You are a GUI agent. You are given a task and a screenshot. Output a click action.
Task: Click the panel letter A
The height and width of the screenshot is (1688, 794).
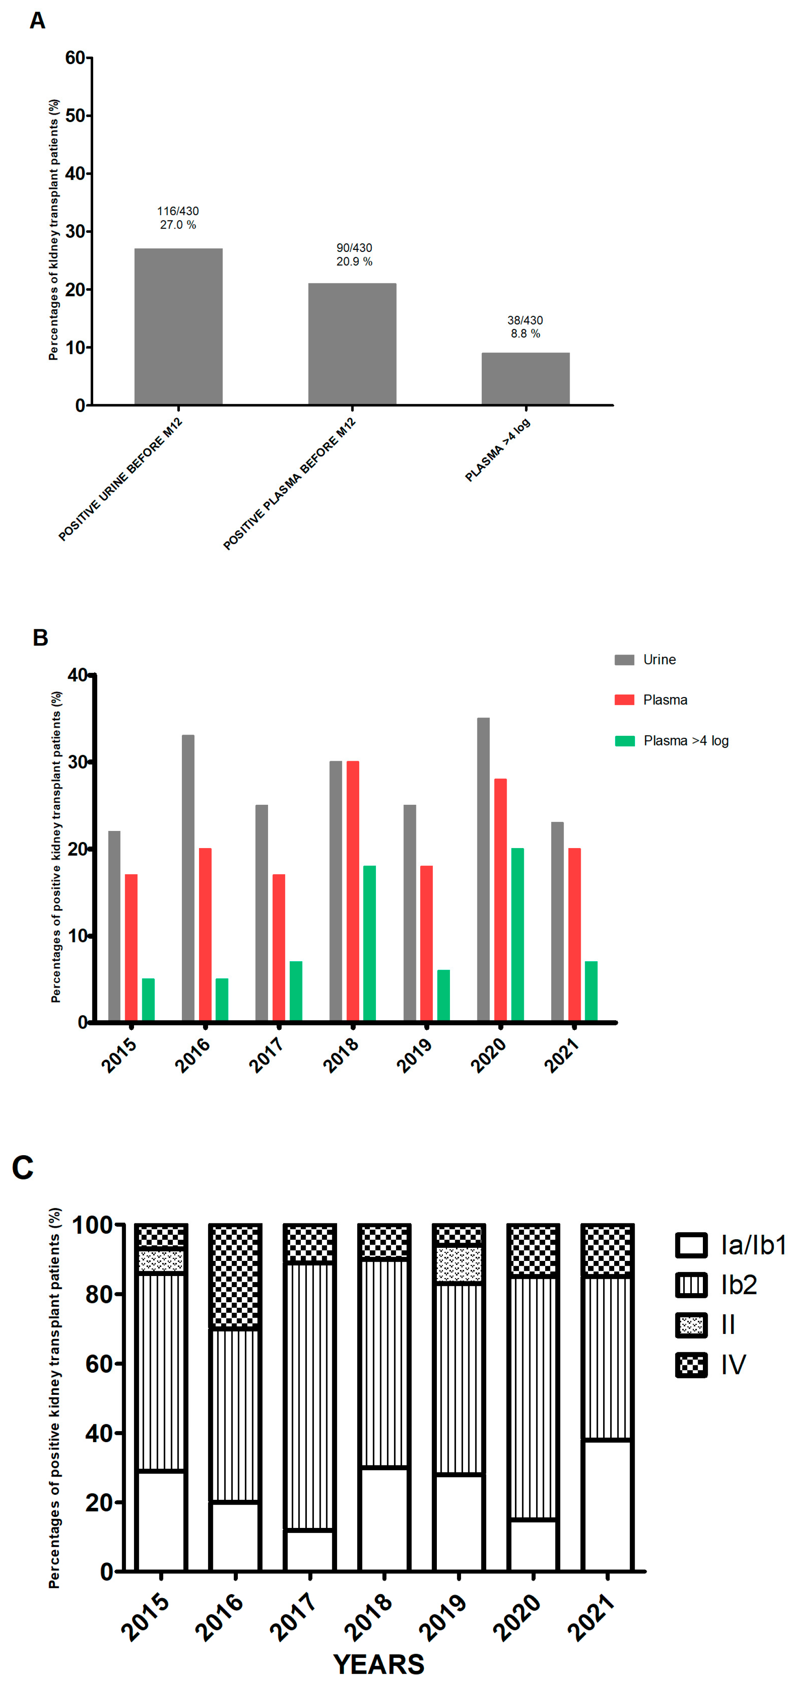tap(37, 21)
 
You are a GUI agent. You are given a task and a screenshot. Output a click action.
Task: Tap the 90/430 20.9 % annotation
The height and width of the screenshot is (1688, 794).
tap(354, 255)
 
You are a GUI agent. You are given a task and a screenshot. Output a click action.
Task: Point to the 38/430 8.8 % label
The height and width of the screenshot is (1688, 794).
tap(525, 327)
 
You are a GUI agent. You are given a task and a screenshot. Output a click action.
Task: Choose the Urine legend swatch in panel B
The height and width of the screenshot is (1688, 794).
tap(624, 660)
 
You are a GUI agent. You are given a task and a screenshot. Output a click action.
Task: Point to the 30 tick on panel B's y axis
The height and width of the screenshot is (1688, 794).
tap(77, 762)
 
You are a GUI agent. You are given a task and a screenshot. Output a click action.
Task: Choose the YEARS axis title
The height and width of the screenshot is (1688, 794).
tap(378, 1664)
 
